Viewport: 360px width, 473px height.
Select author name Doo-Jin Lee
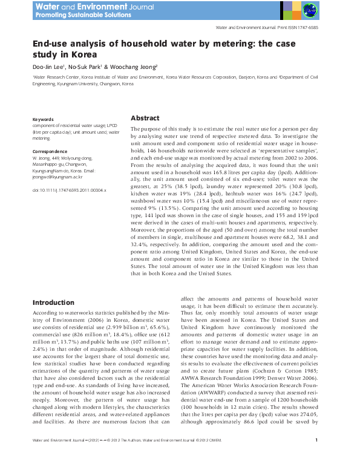[x=49, y=67]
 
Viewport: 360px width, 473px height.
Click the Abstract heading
[x=145, y=119]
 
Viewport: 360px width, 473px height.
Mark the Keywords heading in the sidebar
[x=42, y=120]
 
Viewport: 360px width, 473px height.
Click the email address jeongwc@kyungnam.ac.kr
[x=59, y=178]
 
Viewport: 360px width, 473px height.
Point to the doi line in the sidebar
[x=69, y=190]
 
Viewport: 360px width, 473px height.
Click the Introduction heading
[x=53, y=302]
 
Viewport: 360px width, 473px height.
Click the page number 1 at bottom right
[x=317, y=457]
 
